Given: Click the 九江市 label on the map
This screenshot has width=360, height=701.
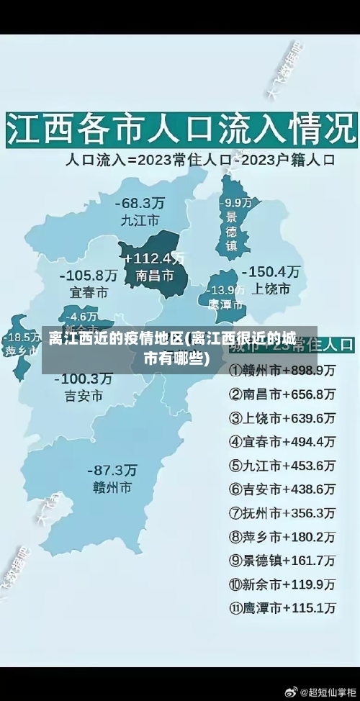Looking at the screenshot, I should point(140,220).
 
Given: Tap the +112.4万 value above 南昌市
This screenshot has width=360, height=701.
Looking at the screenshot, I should point(154,258).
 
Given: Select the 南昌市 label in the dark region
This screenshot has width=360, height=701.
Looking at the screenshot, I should point(154,276).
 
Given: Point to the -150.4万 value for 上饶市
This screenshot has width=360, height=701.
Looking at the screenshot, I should point(271,271).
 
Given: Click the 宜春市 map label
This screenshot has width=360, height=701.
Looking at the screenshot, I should point(89,293).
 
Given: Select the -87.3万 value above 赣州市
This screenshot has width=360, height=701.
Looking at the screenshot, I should point(112,470).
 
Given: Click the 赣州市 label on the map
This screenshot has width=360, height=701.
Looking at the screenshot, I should point(112,487).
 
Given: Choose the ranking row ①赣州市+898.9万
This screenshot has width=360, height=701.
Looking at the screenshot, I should point(282,371).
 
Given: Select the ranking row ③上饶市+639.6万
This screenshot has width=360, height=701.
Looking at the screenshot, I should point(282,417).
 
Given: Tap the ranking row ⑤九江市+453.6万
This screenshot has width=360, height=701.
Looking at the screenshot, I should point(282,465).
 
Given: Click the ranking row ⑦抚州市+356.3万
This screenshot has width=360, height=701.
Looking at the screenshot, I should point(282,512).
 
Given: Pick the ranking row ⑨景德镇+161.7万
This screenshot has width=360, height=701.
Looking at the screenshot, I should point(282,560).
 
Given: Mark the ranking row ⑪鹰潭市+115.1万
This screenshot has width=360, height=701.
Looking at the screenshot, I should point(282,607).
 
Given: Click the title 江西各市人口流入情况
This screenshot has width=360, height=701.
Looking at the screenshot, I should point(180,130).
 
